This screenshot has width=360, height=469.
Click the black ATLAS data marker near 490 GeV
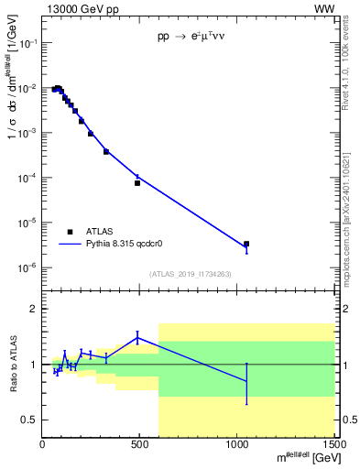[x=137, y=183]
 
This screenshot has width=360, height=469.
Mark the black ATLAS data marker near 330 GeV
[x=106, y=151]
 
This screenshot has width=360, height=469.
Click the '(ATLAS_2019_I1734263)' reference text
[x=190, y=273]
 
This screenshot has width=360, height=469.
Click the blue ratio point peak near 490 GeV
[x=137, y=337]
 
